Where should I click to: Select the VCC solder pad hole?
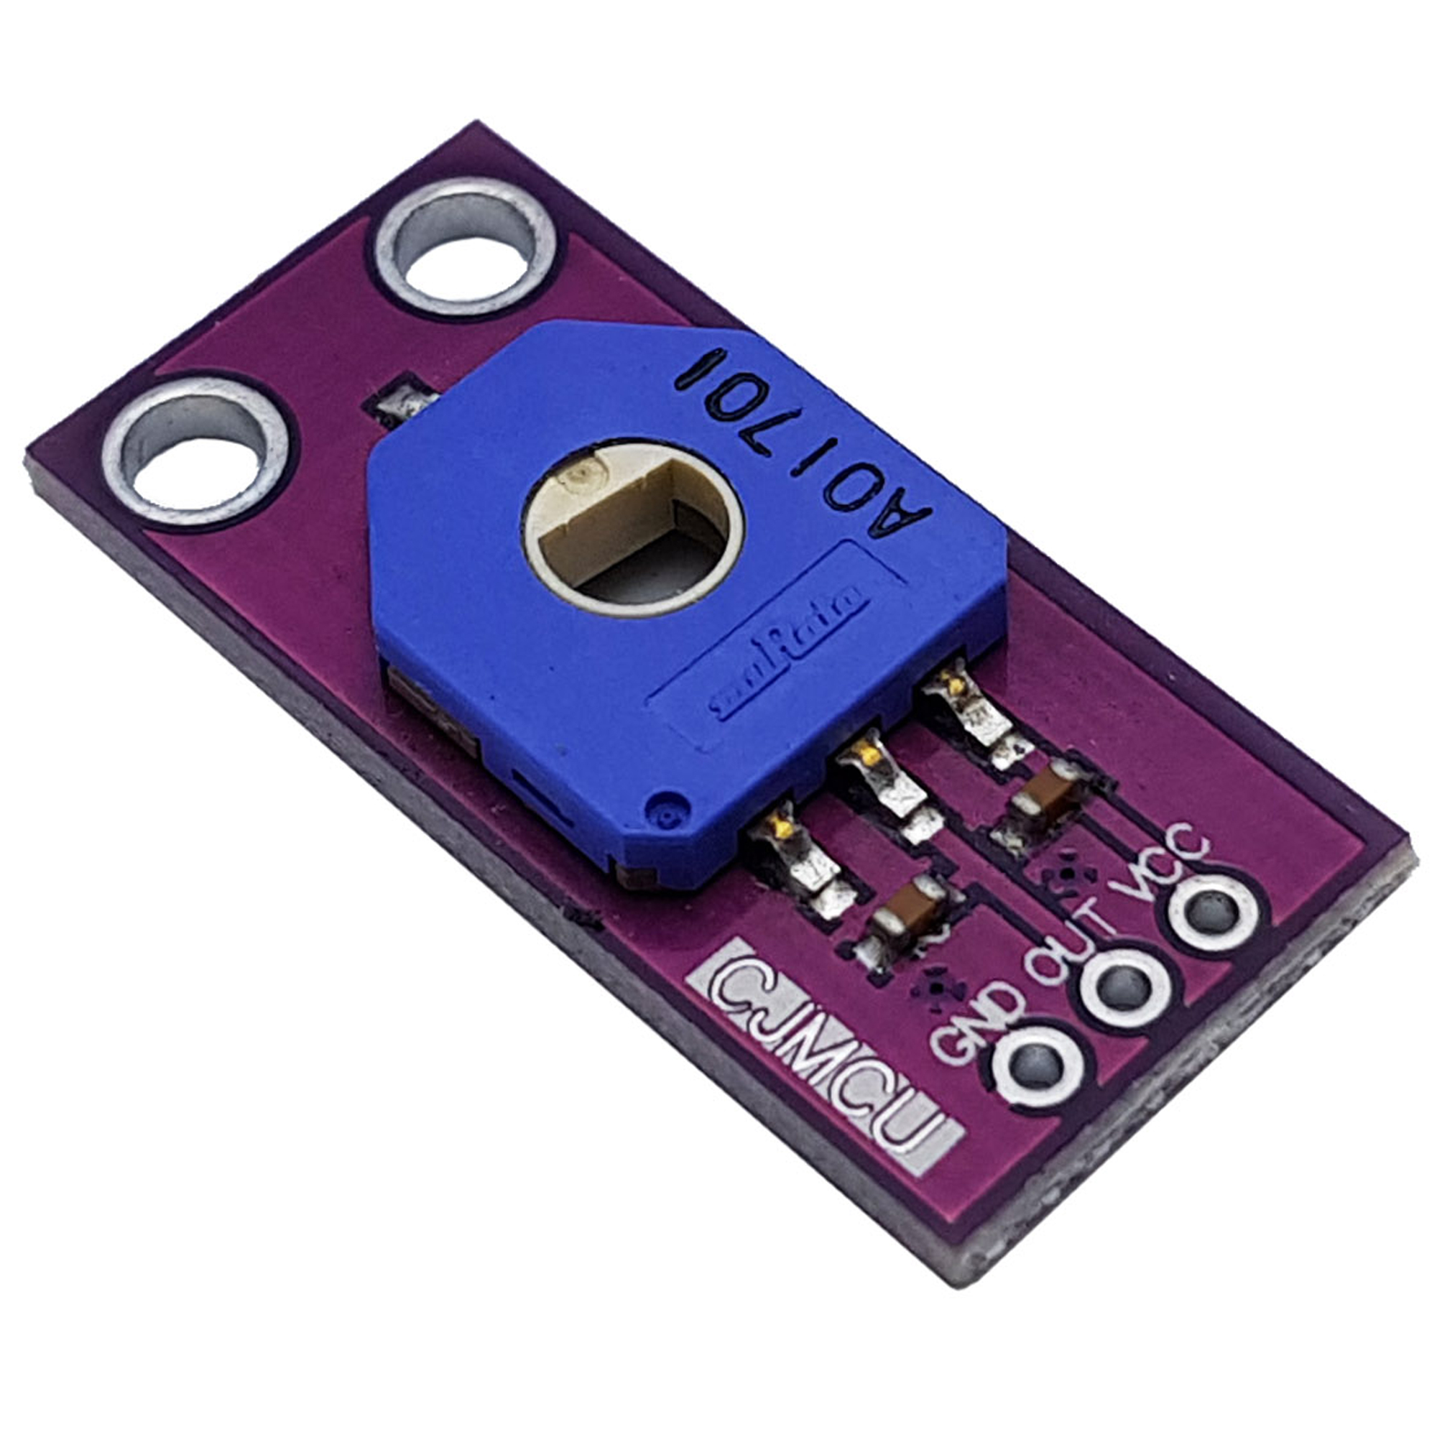pos(1211,910)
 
